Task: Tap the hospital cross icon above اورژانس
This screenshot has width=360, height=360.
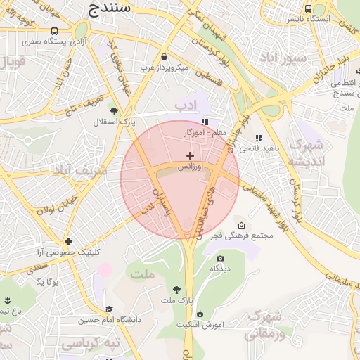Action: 189,155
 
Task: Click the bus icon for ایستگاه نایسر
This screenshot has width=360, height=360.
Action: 309,8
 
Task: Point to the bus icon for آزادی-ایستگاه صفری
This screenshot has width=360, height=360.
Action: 55,31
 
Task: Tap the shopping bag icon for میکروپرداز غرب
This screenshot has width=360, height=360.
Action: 164,56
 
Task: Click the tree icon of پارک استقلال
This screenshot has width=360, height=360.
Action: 114,110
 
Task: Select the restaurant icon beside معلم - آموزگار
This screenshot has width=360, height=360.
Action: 205,122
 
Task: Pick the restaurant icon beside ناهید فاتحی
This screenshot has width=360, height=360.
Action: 259,138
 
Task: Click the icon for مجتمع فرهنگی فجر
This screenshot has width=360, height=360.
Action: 242,225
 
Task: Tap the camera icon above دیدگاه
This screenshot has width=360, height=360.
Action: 220,258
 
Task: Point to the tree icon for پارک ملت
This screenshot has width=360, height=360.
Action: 176,290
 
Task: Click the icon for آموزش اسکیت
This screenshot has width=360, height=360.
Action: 200,314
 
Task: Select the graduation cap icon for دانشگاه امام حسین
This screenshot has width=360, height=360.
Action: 109,309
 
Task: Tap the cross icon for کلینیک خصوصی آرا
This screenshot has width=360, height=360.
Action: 68,241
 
